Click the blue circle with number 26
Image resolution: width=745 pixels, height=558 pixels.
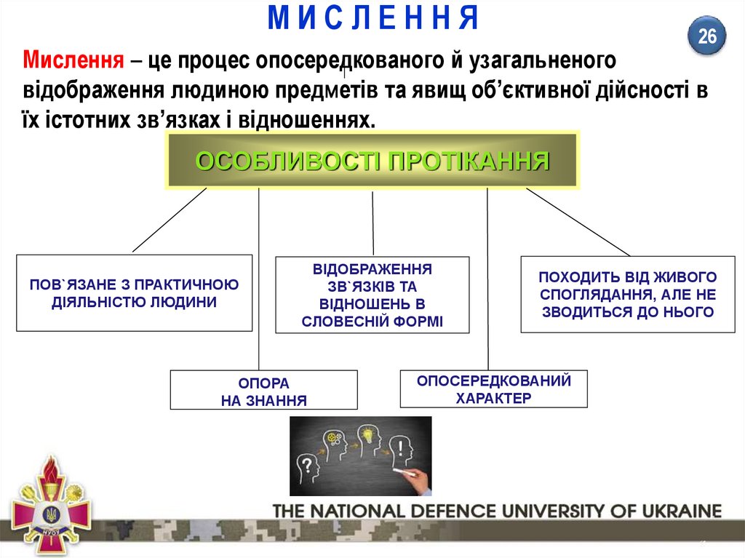pos(707,36)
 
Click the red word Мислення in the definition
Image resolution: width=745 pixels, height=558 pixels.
pos(71,58)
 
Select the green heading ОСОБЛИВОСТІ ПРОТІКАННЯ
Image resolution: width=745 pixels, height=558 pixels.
pos(372,162)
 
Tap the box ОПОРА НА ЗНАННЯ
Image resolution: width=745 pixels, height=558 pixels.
pos(263,391)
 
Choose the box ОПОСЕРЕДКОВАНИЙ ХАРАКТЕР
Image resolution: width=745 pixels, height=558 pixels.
pos(493,389)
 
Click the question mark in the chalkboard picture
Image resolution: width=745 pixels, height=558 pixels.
pos(308,463)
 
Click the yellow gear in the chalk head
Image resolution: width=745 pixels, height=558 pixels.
pos(334,439)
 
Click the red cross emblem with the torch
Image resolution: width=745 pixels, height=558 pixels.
pos(52,506)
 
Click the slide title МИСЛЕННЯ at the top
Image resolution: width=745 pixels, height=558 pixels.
pos(372,18)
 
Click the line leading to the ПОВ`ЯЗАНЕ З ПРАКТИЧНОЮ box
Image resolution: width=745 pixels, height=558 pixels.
pos(170,220)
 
